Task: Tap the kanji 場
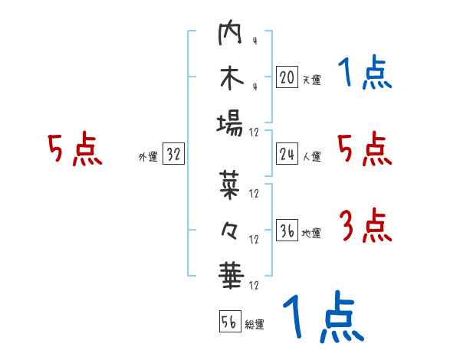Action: pos(230,123)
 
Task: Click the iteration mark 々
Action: pos(230,227)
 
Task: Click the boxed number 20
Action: pos(287,77)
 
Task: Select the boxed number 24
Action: pos(287,154)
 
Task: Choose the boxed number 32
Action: pos(174,154)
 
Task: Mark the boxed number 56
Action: pos(229,322)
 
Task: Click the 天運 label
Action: pos(311,79)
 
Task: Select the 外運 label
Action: pos(148,156)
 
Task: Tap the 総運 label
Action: pos(255,324)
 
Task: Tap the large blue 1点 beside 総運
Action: pos(322,316)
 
